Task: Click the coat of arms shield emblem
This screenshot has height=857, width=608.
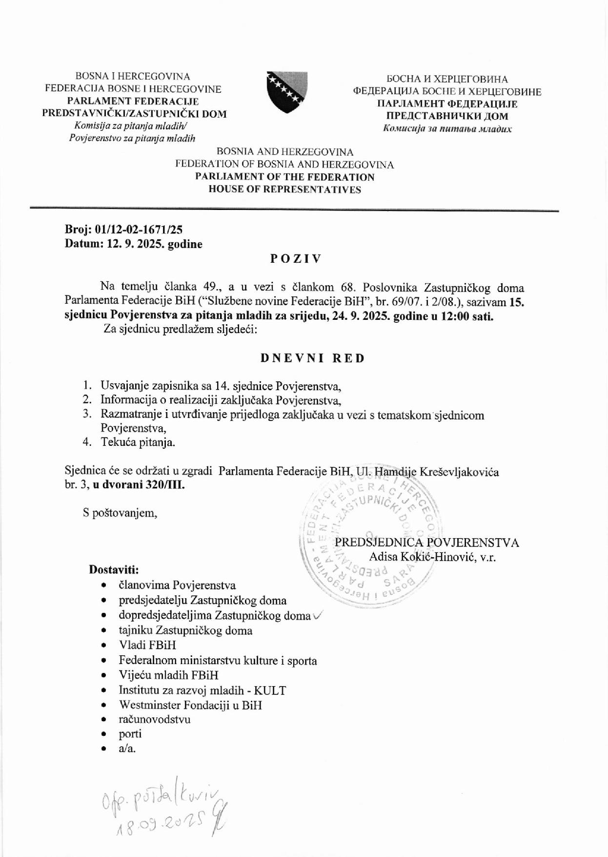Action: tap(286, 92)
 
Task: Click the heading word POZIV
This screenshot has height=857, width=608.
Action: tap(296, 259)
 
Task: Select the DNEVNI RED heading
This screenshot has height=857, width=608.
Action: tap(312, 358)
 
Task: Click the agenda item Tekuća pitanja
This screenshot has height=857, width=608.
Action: tap(138, 442)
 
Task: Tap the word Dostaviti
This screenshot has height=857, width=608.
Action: tap(114, 569)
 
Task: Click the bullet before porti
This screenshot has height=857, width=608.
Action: tap(103, 734)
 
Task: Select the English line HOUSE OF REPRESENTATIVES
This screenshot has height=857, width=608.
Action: tap(285, 189)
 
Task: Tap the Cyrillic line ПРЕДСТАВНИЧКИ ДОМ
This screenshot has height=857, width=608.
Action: tap(447, 116)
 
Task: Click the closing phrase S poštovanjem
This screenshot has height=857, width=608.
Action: tap(120, 513)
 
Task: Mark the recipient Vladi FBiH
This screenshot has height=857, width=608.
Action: tap(147, 645)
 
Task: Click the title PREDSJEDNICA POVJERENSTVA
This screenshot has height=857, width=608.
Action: tap(427, 543)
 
